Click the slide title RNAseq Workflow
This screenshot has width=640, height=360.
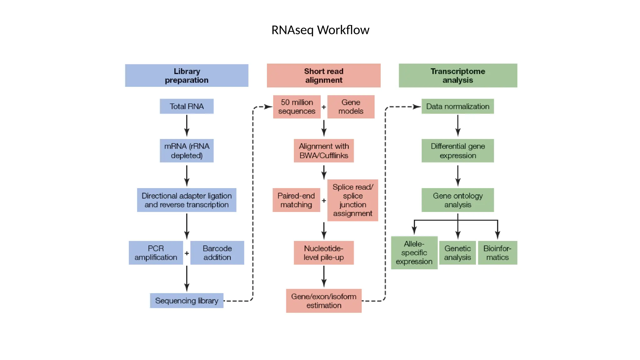coord(320,30)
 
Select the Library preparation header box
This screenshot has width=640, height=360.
coord(187,76)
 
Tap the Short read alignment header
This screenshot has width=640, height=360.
coord(323,76)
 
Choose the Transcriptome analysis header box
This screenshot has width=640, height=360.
coord(458,76)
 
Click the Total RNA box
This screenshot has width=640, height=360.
coord(187,106)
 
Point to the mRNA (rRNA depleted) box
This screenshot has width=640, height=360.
coord(187,151)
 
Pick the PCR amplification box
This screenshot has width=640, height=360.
coord(156,253)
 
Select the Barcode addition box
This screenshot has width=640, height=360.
coord(217,253)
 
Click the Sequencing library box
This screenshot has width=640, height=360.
coord(187,301)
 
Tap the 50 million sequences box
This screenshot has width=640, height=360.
coord(297,107)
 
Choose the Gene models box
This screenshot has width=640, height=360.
coord(351,107)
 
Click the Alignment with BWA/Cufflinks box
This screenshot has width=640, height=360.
coord(324,151)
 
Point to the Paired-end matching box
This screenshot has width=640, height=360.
coord(296,200)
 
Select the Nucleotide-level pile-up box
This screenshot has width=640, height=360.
coord(324,253)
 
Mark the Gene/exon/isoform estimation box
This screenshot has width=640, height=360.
coord(324,301)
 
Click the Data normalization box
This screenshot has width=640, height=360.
coord(457,106)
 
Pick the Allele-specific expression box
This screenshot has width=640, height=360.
coord(414,252)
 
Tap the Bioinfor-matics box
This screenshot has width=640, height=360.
coord(497,253)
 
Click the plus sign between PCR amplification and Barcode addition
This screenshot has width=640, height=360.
coord(187,253)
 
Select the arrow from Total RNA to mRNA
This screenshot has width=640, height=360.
coord(187,126)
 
